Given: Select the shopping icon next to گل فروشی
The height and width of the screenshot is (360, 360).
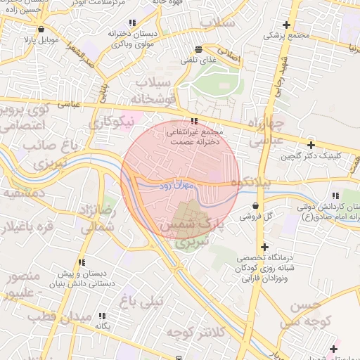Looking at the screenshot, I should pos(254,205).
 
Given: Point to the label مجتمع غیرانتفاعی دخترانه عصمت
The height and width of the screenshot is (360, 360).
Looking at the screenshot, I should pos(194,136).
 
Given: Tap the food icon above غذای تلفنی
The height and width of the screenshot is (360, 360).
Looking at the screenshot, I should pos(198,49).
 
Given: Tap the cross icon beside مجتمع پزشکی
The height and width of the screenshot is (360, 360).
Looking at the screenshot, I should pos(285,24).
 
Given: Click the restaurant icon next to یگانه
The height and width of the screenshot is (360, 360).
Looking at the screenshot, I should pos(103,316).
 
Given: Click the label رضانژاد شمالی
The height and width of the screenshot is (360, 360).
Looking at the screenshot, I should pos(97,219).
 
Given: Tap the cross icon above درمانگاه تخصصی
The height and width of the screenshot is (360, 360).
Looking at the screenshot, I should pos(264,247).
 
